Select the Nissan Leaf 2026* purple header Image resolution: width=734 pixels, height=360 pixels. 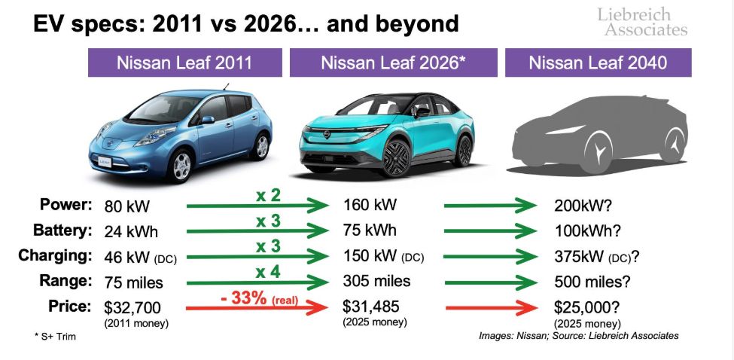(x=393, y=63)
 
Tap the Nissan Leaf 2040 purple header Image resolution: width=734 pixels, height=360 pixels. (x=598, y=63)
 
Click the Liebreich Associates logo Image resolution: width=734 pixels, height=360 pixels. (x=641, y=22)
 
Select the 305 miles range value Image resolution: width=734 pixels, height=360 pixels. (x=376, y=281)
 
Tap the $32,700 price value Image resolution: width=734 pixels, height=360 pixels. (x=135, y=307)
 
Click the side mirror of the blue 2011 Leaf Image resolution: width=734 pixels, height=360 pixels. (x=207, y=121)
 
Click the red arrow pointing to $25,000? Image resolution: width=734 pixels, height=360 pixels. (x=493, y=307)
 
